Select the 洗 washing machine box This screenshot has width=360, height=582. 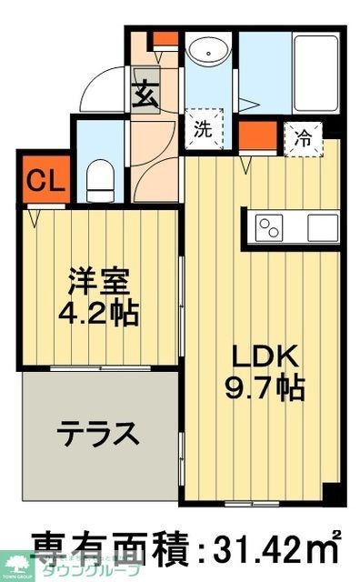coord(203,128)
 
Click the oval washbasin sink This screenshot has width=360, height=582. coord(209,53)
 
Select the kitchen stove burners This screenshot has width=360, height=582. coord(270,226)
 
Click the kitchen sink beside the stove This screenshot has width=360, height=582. coord(321,226)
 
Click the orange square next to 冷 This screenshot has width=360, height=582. coord(258,137)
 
